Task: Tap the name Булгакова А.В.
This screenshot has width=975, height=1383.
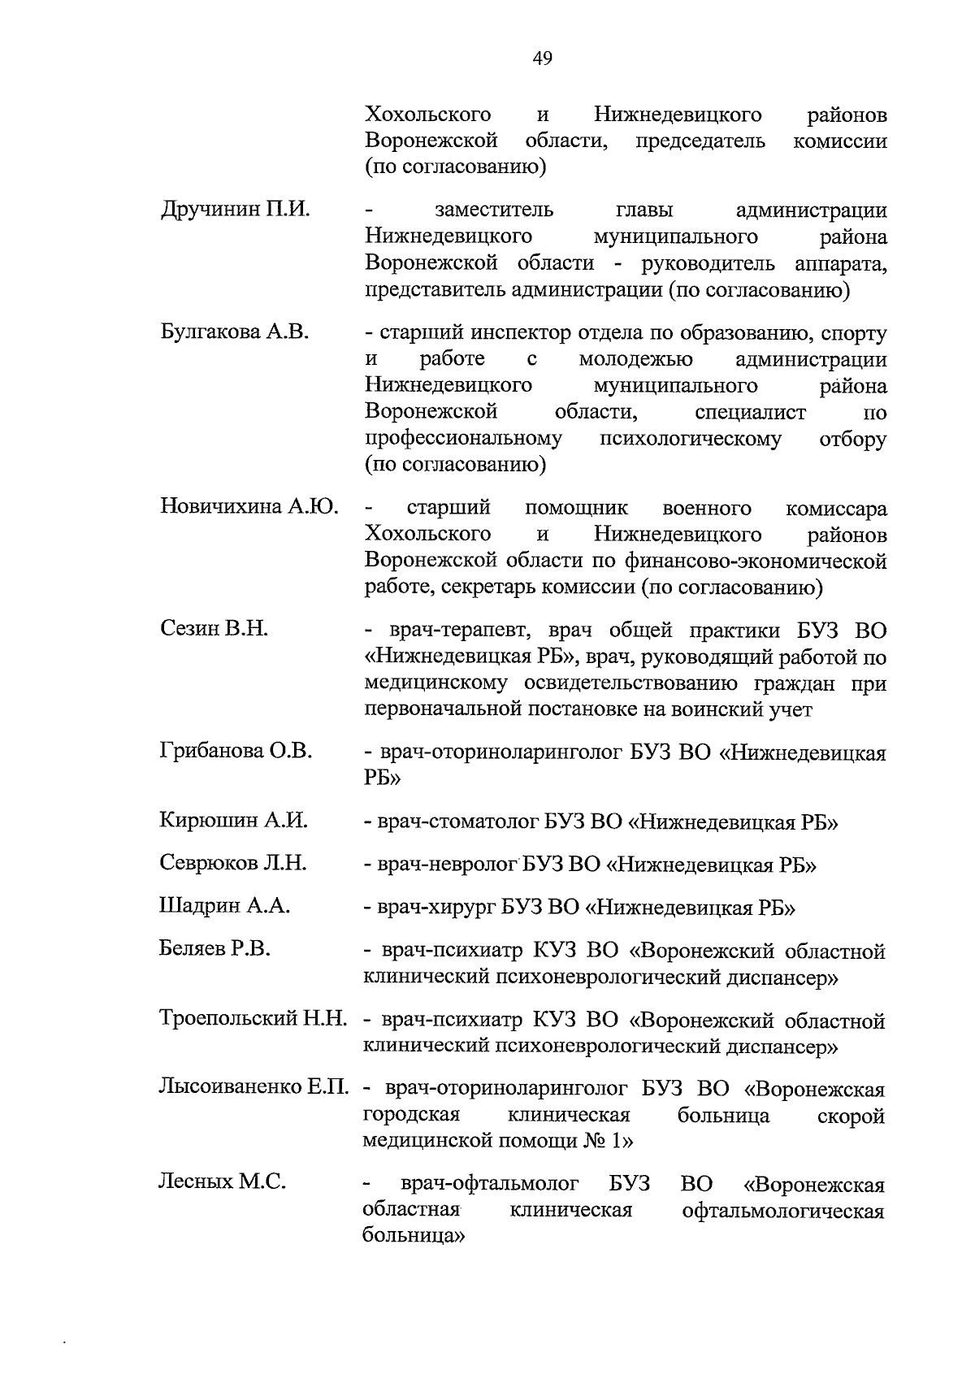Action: point(235,332)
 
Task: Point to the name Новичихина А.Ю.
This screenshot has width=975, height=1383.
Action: point(249,508)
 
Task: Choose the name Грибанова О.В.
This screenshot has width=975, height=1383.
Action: point(236,752)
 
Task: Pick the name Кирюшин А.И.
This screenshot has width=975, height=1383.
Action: point(234,820)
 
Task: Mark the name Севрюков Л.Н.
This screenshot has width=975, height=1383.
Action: point(233,863)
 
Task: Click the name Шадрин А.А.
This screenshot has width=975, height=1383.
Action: point(225,906)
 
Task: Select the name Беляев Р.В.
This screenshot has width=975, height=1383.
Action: point(215,948)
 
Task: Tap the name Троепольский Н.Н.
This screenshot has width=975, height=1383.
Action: point(253,1018)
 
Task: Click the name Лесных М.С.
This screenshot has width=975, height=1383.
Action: point(222,1182)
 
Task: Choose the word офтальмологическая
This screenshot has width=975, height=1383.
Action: point(783,1211)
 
